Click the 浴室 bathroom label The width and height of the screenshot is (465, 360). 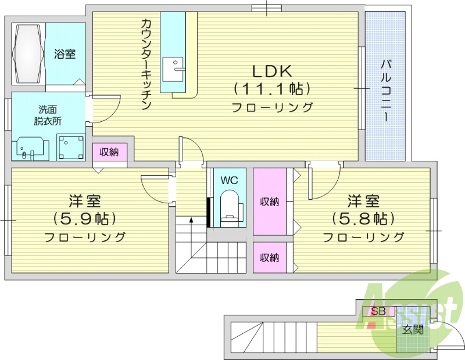click(x=65, y=54)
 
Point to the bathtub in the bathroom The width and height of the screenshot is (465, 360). click(x=28, y=53)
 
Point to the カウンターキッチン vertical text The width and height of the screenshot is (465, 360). click(x=146, y=64)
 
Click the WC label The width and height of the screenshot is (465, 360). click(x=229, y=180)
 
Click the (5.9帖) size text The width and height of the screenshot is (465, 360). click(x=85, y=219)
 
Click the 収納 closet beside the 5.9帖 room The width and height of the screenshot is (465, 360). click(x=109, y=152)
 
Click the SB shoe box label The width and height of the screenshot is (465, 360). click(x=379, y=311)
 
